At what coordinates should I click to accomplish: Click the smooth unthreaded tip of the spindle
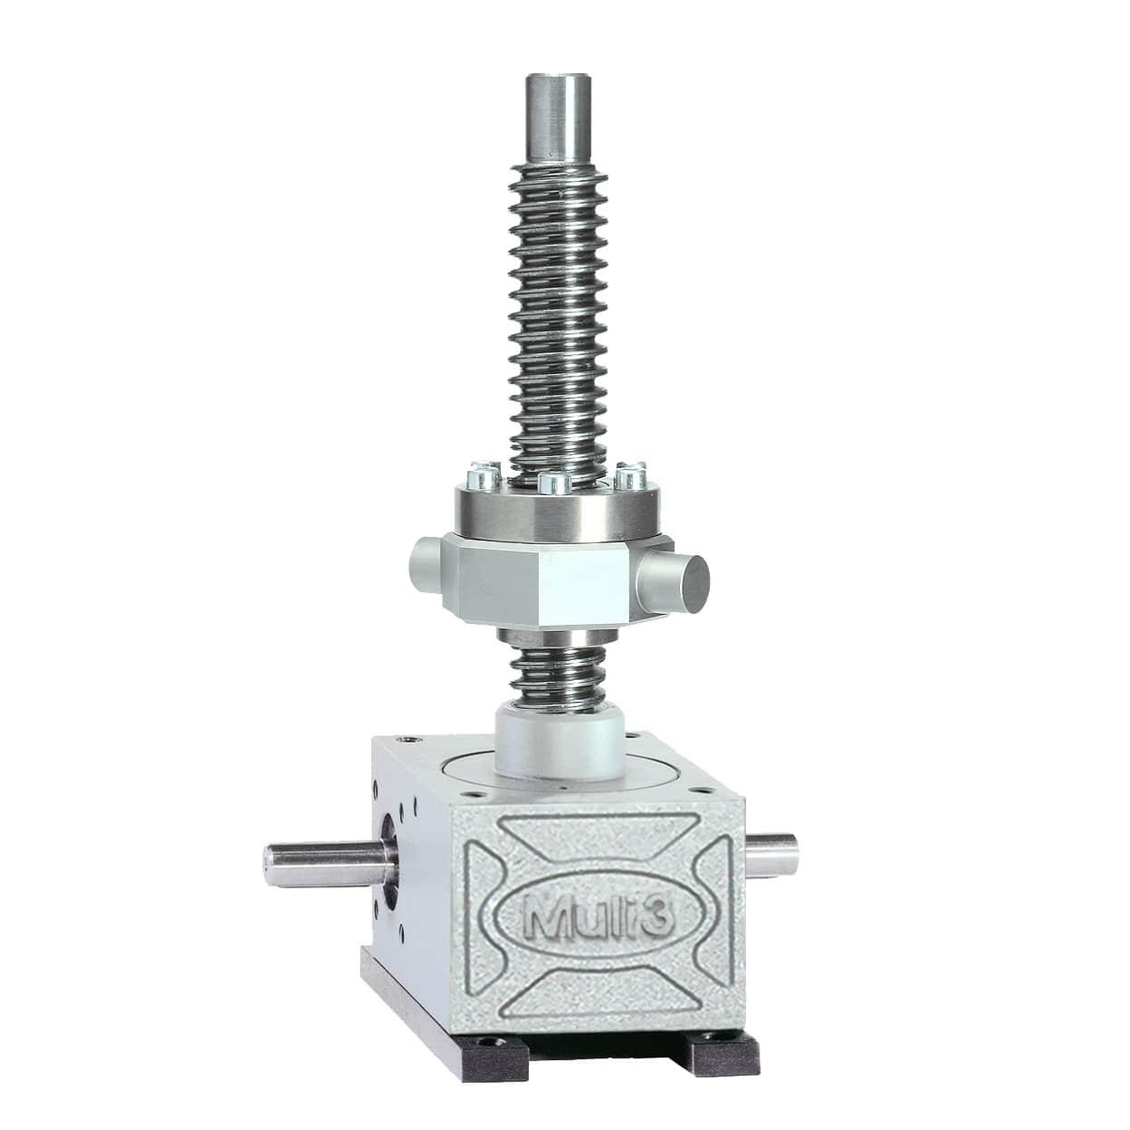click(559, 119)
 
